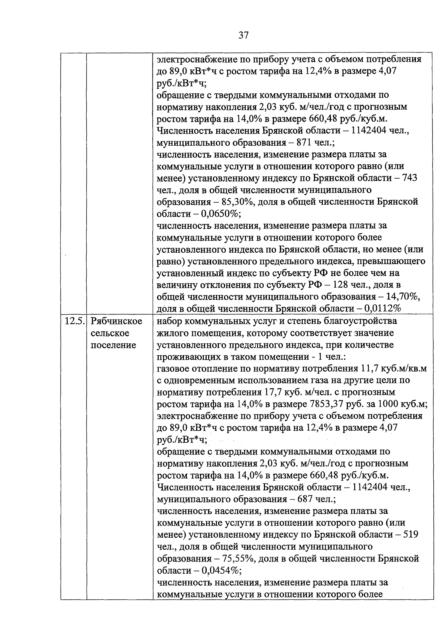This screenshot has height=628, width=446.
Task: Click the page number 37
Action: click(243, 35)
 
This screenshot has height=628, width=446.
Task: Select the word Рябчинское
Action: click(116, 321)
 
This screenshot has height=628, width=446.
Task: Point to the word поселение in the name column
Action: click(113, 345)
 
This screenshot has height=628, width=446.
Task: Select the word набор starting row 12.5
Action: click(169, 321)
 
